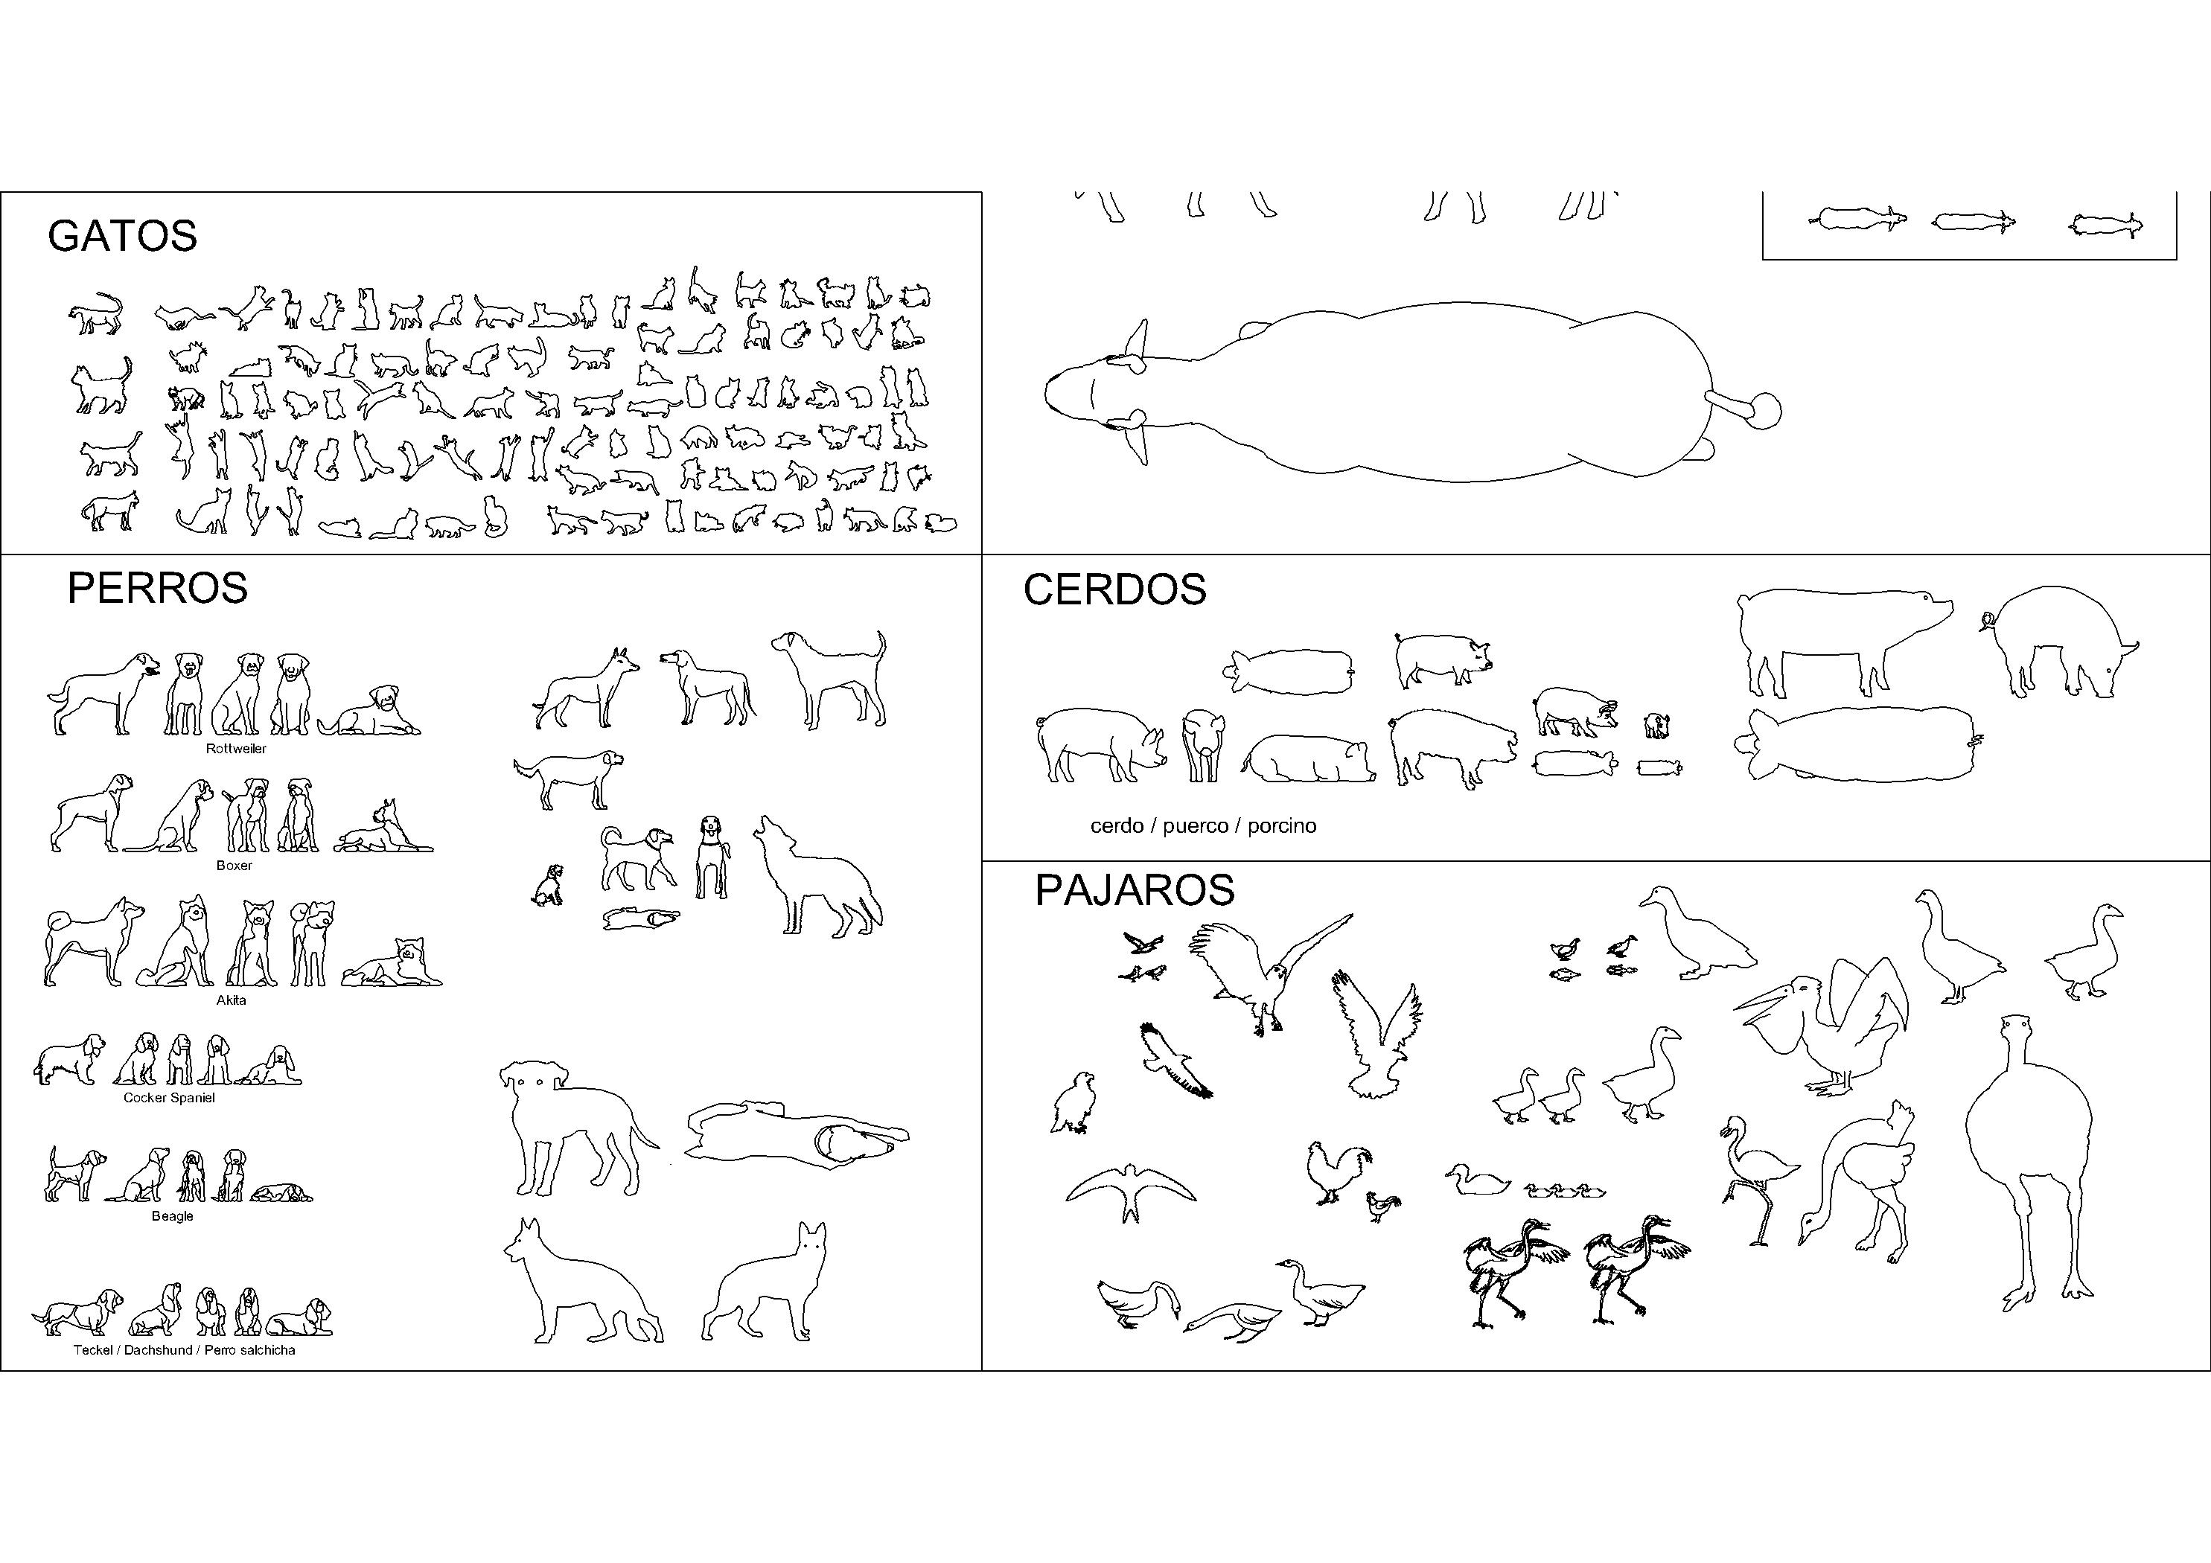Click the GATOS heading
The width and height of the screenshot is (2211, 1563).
point(122,236)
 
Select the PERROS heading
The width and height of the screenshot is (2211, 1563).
point(157,587)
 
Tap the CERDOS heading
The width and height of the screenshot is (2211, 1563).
point(1114,589)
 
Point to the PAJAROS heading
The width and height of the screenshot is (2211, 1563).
point(1135,890)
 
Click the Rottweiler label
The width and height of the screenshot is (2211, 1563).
point(236,748)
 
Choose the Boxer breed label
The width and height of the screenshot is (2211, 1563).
point(234,866)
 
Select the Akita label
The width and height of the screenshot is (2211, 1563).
point(231,1000)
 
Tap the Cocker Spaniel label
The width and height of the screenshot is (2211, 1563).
point(170,1098)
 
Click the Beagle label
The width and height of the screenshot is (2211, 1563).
point(173,1216)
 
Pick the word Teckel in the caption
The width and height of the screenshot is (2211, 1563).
point(92,1350)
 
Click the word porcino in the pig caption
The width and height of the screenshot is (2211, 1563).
point(1282,826)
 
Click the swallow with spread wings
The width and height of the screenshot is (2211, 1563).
point(1131,1192)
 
